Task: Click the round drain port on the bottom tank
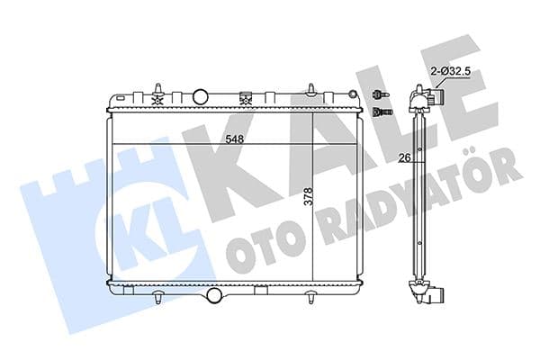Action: point(213,294)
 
